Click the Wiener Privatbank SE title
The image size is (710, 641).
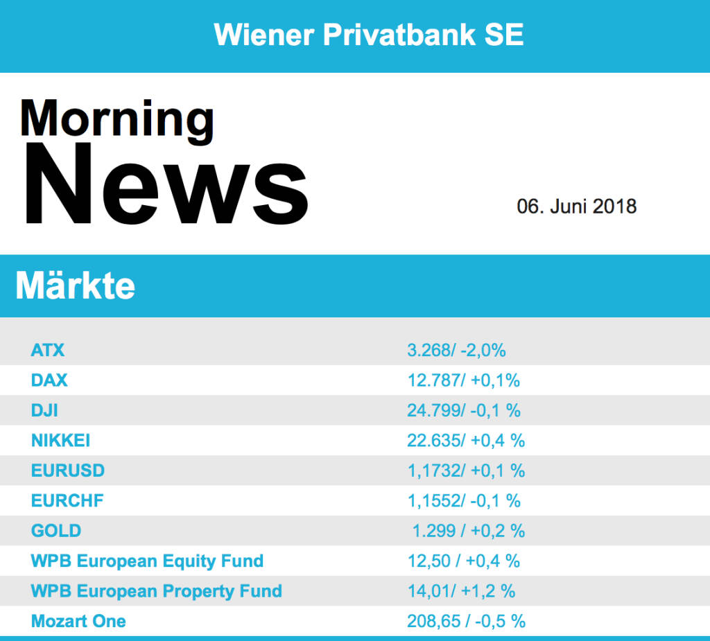pyautogui.click(x=369, y=35)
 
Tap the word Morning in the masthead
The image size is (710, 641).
pyautogui.click(x=116, y=119)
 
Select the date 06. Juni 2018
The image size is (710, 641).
pyautogui.click(x=576, y=207)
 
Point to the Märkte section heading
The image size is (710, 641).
pyautogui.click(x=75, y=285)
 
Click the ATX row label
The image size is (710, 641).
pyautogui.click(x=48, y=350)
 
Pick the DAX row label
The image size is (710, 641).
pyautogui.click(x=49, y=380)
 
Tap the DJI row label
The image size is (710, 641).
pyautogui.click(x=44, y=410)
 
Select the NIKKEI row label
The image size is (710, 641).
pyautogui.click(x=60, y=440)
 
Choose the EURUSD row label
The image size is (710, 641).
pyautogui.click(x=68, y=471)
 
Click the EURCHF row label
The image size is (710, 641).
pyautogui.click(x=67, y=500)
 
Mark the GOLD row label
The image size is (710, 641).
pyautogui.click(x=56, y=531)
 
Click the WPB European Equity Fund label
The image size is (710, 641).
pyautogui.click(x=147, y=561)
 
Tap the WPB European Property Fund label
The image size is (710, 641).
pyautogui.click(x=156, y=591)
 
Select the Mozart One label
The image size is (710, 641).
pyautogui.click(x=78, y=621)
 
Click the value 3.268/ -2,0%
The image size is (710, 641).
pyautogui.click(x=456, y=350)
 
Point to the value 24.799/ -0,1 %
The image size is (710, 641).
pyautogui.click(x=464, y=410)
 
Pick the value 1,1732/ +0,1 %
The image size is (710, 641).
pyautogui.click(x=466, y=471)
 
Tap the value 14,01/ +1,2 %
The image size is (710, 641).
pyautogui.click(x=461, y=591)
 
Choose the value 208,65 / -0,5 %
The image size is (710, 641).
pyautogui.click(x=466, y=621)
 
